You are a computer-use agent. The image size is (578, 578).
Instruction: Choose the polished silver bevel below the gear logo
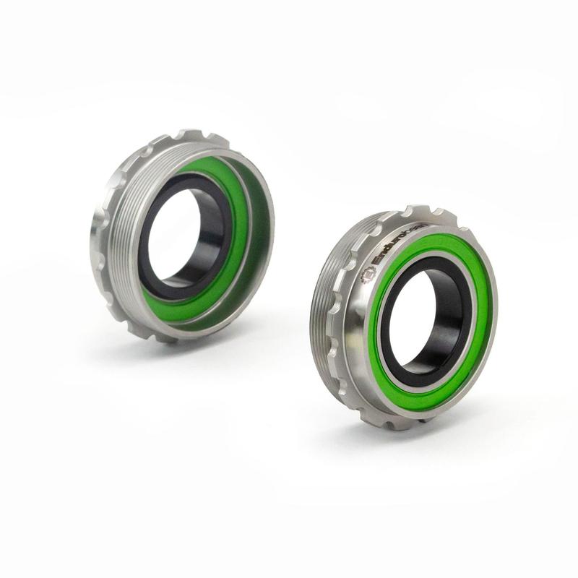[366, 303]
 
